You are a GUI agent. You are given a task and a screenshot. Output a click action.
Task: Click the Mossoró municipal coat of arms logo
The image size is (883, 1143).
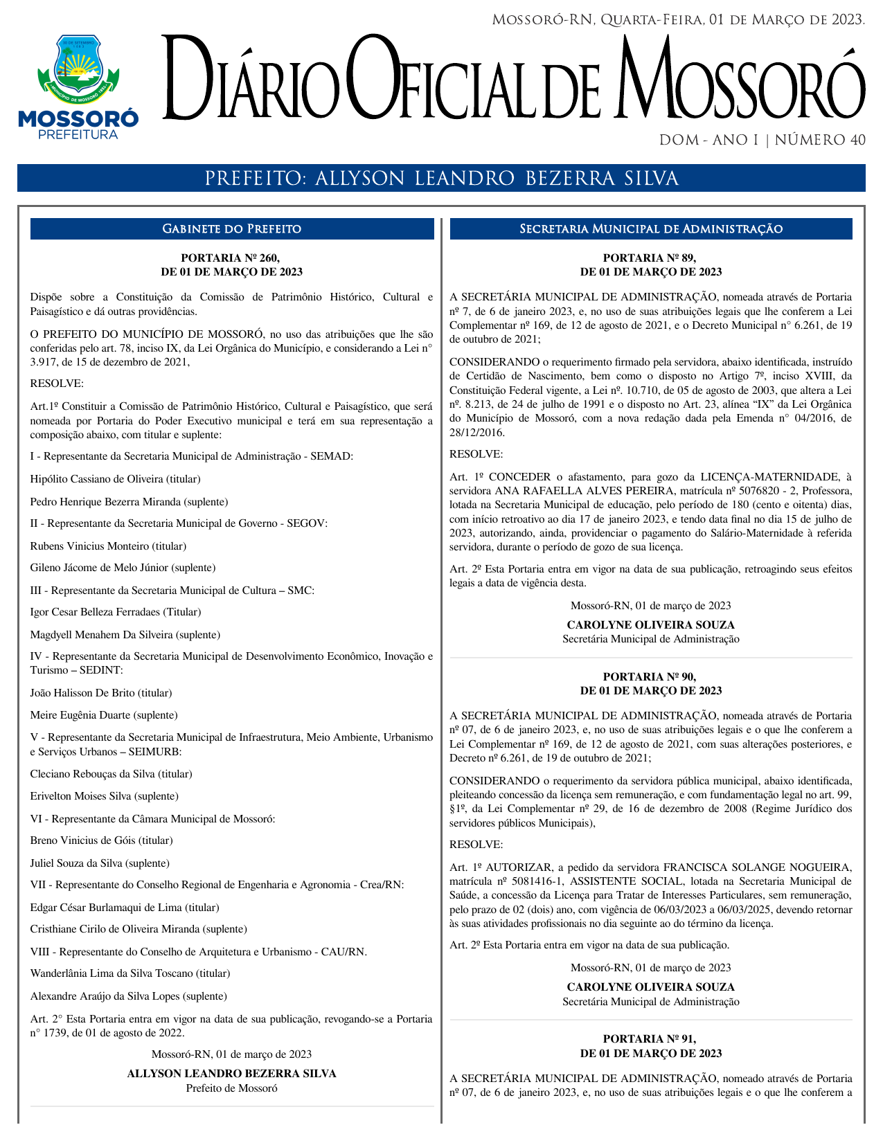pyautogui.click(x=78, y=67)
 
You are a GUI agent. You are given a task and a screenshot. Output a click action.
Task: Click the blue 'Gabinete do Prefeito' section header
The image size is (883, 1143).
pyautogui.click(x=231, y=229)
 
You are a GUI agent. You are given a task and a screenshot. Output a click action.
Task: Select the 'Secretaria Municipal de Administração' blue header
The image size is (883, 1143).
pyautogui.click(x=651, y=229)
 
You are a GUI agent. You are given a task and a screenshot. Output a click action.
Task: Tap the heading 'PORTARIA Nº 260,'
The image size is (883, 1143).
pyautogui.click(x=231, y=258)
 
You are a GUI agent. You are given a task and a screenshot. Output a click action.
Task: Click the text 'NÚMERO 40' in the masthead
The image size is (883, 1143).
pyautogui.click(x=820, y=141)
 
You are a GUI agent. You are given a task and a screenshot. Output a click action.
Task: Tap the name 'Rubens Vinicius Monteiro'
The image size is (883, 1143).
pyautogui.click(x=89, y=546)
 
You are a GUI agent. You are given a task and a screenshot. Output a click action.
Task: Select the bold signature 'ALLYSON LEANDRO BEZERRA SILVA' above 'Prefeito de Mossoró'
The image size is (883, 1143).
pyautogui.click(x=231, y=1074)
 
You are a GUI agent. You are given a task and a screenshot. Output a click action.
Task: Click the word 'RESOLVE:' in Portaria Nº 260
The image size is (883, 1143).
pyautogui.click(x=57, y=384)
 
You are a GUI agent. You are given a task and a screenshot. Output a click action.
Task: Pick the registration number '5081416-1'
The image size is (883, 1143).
pyautogui.click(x=533, y=881)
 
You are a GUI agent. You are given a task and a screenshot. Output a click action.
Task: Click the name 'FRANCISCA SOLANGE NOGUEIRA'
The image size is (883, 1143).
pyautogui.click(x=757, y=867)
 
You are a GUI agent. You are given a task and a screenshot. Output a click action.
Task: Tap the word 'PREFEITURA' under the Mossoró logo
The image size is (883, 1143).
pyautogui.click(x=78, y=135)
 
